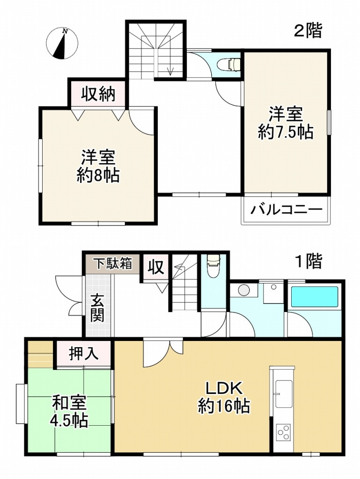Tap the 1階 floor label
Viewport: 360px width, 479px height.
(308, 262)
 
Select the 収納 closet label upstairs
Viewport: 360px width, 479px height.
(97, 94)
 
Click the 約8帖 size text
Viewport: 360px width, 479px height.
(98, 176)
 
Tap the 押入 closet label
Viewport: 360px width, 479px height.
(84, 353)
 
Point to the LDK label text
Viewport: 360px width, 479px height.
(224, 388)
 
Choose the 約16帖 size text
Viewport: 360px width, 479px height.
(224, 406)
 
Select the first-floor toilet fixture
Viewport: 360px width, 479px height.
(213, 267)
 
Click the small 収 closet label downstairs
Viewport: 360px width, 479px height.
(156, 267)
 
